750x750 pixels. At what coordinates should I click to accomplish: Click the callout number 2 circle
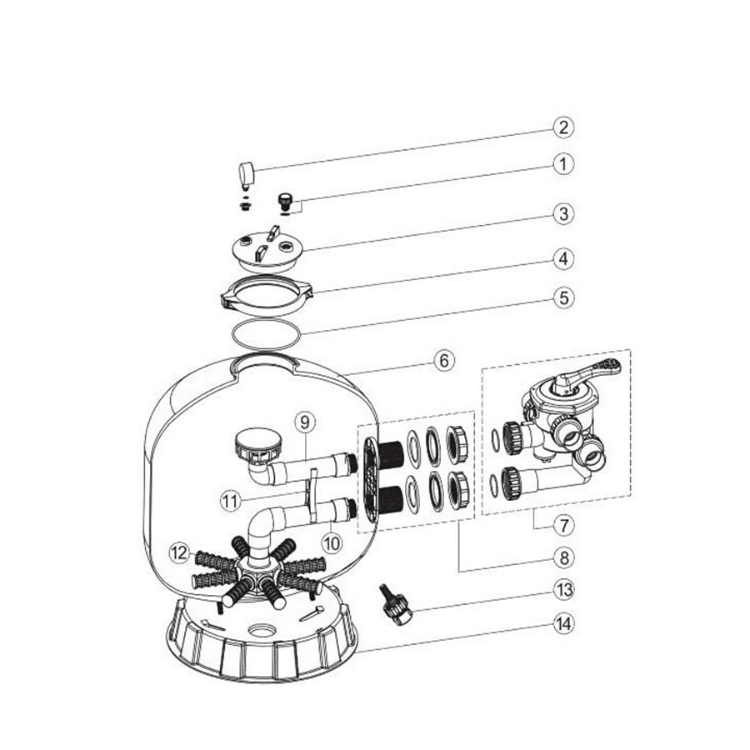click(565, 127)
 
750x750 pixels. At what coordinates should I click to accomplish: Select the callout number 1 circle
click(565, 164)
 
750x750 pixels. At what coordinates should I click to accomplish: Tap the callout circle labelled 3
click(565, 213)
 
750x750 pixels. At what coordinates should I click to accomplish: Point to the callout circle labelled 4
click(565, 260)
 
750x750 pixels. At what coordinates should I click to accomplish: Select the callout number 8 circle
click(565, 557)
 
